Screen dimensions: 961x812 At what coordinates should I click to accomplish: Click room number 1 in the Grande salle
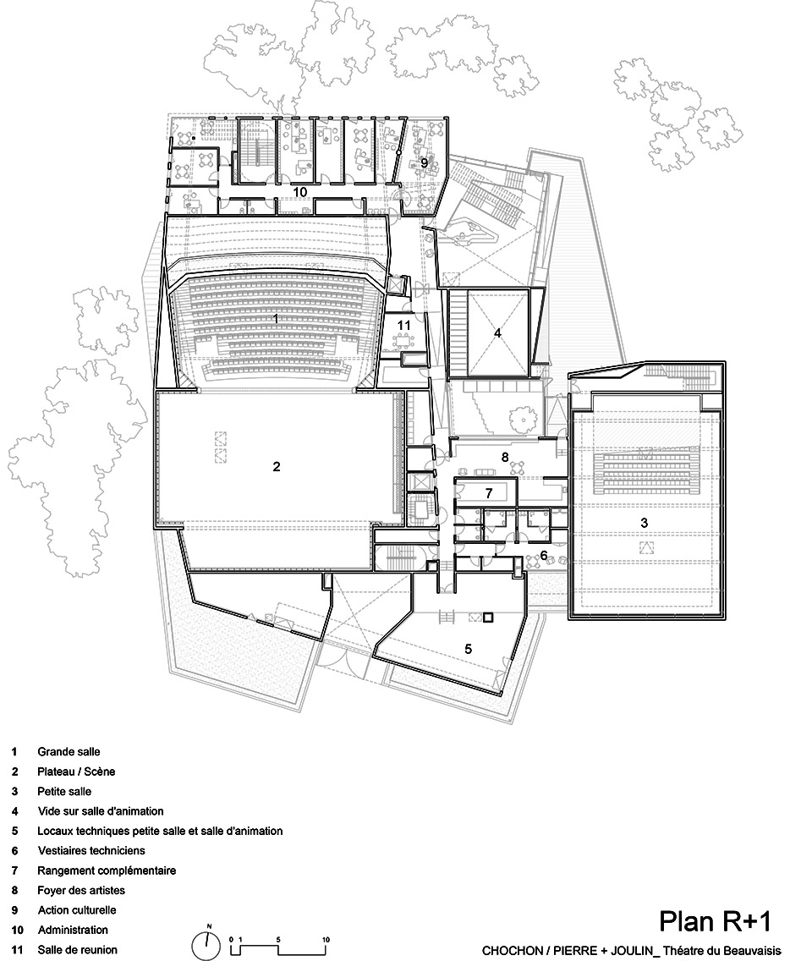coord(276,319)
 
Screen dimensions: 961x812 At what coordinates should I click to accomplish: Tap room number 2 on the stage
coord(276,466)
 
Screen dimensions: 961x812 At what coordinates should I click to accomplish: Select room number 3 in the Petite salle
coord(644,524)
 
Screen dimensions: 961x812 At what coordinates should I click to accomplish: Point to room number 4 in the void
coord(498,333)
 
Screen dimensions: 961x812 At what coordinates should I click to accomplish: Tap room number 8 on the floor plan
coord(505,457)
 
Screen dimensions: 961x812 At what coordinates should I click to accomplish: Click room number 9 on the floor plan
coord(424,162)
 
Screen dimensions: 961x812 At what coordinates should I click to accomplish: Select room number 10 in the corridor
coord(299,193)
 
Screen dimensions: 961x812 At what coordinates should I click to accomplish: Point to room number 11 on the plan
coord(404,324)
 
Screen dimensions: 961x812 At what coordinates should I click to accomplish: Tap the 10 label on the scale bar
coord(326,940)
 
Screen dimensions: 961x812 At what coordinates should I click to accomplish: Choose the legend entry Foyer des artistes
coord(81,891)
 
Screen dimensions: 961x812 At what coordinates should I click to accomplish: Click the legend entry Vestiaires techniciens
coord(91,850)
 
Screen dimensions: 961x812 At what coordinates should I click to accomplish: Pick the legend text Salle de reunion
coord(78,950)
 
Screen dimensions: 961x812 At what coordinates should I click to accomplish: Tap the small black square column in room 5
coord(487,618)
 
